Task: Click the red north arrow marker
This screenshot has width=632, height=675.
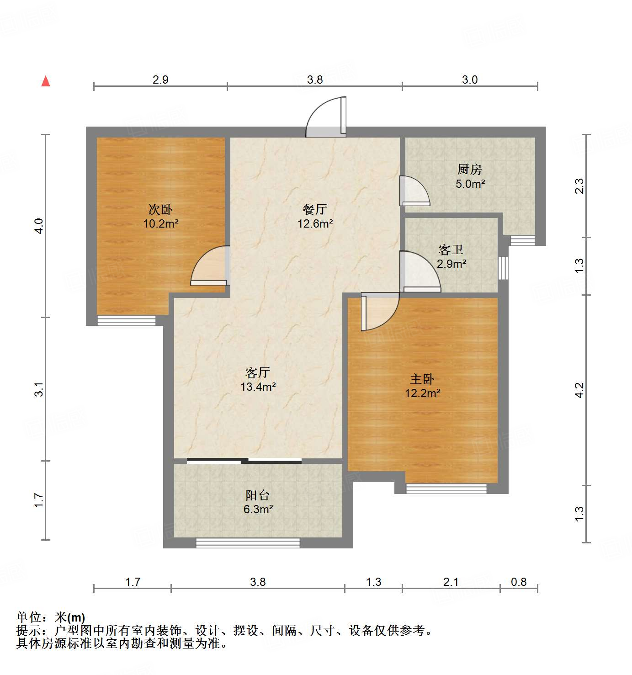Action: point(46,81)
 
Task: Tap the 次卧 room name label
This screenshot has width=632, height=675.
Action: point(160,209)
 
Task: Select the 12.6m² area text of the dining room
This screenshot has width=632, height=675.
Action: point(315,224)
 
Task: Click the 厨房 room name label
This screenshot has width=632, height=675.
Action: point(469,170)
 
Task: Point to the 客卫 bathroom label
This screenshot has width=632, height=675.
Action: point(451,250)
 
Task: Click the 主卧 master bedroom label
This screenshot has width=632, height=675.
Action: point(422,379)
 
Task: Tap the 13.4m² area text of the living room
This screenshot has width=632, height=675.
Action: point(258,387)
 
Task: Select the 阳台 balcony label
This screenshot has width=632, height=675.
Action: point(258,495)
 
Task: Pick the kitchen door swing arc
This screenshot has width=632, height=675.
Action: point(414,191)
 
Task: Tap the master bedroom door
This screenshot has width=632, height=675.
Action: point(379,311)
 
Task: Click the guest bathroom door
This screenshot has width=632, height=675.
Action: point(420,272)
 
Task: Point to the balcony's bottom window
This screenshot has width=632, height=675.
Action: point(248,543)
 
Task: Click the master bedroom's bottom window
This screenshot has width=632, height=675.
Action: point(446,489)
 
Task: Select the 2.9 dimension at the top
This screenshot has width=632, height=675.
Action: point(160,80)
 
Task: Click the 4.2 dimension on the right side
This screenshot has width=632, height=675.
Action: point(579,390)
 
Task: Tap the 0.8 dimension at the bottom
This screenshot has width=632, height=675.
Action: point(519,582)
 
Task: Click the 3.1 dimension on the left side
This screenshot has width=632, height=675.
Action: point(40,389)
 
